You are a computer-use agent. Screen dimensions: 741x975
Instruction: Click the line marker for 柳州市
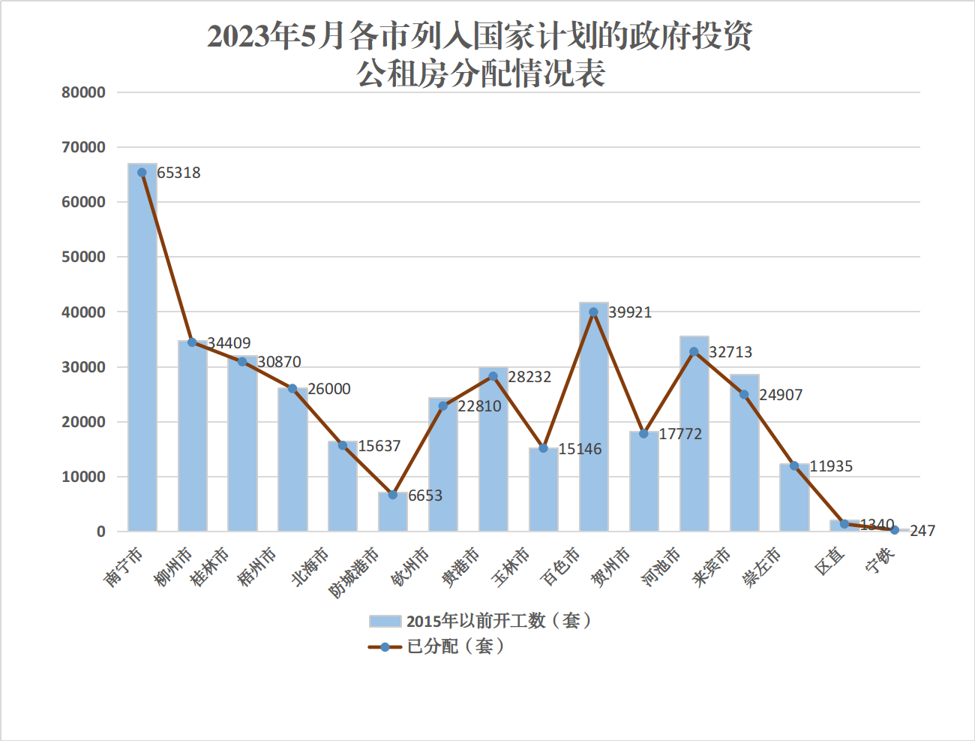(192, 342)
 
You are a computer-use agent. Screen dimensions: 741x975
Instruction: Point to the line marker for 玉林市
(543, 448)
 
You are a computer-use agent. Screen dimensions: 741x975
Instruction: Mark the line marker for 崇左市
(794, 465)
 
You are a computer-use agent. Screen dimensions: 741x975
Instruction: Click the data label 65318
(179, 173)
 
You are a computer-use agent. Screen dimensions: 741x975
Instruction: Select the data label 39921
(630, 312)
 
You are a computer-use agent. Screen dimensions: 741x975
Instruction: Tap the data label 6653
(425, 496)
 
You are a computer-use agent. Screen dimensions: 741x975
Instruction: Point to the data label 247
(922, 531)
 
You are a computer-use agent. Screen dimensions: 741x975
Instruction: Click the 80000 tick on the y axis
(83, 92)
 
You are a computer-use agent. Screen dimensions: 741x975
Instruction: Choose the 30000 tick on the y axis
(83, 367)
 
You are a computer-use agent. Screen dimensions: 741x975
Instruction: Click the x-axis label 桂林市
(209, 567)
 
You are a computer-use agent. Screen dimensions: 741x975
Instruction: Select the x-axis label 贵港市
(460, 567)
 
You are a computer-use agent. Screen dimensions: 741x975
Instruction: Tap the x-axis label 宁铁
(880, 562)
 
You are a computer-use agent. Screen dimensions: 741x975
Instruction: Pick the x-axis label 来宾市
(711, 567)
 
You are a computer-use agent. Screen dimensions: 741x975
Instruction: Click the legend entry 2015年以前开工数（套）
(480, 621)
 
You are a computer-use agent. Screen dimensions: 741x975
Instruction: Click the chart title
(480, 55)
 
